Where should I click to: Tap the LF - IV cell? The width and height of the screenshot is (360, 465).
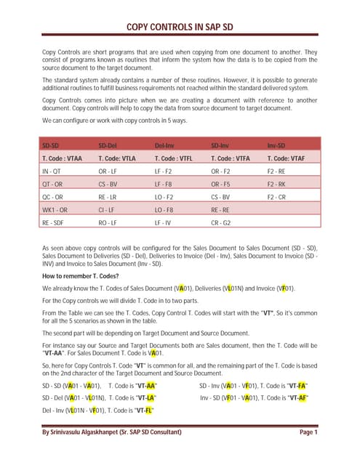[x=164, y=223]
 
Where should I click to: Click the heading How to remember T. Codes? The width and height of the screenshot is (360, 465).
[x=86, y=276]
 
